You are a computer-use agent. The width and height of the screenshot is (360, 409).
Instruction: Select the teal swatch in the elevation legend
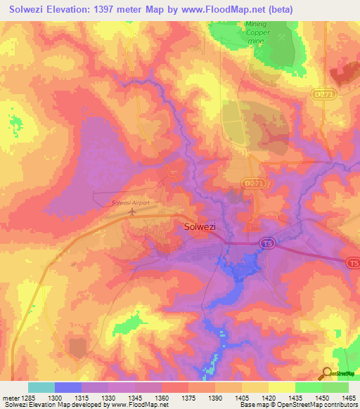(x=41, y=387)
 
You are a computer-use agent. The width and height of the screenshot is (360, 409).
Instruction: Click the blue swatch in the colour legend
(x=67, y=387)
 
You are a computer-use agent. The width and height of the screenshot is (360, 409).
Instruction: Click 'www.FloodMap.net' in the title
(x=217, y=10)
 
